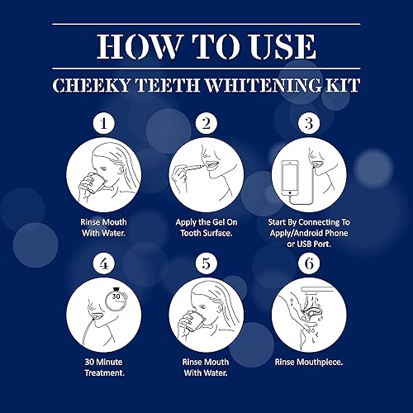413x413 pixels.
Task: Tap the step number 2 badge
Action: click(x=207, y=126)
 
